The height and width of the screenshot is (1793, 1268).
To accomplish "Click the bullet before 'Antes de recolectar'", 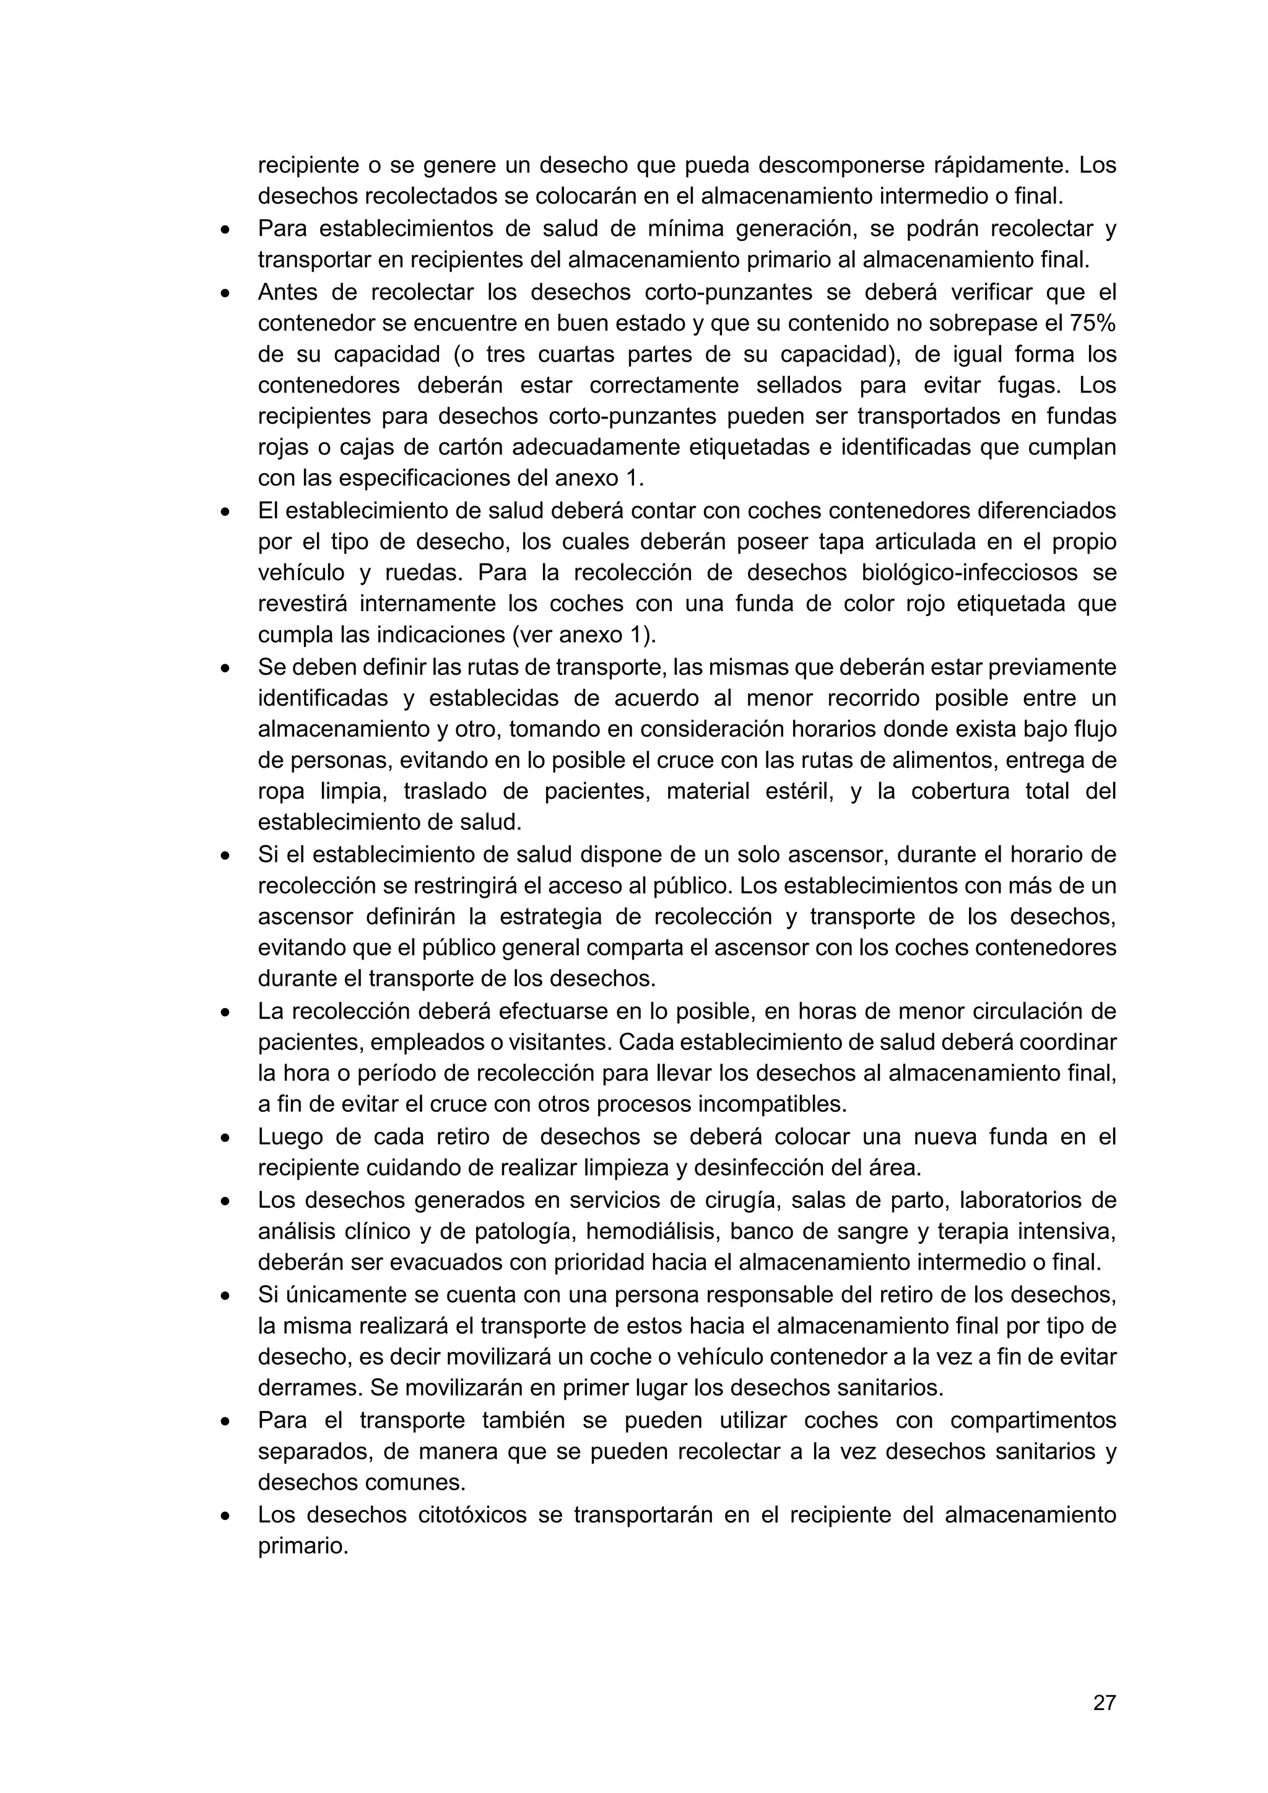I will click(225, 293).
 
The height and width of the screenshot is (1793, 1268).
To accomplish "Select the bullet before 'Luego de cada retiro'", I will click(225, 1138).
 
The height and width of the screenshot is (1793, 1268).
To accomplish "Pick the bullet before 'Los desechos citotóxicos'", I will click(225, 1516).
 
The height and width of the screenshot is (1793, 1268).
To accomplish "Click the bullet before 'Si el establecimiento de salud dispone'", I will click(225, 856).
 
